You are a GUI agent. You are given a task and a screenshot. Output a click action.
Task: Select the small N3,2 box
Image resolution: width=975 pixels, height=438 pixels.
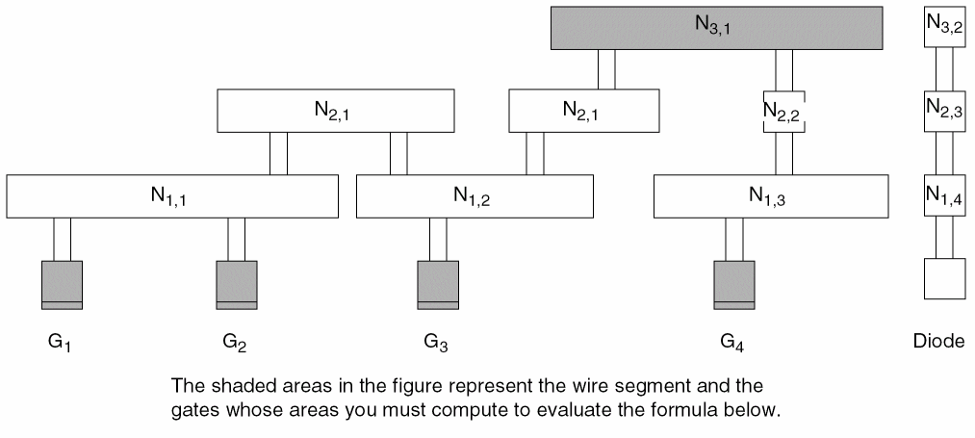(943, 28)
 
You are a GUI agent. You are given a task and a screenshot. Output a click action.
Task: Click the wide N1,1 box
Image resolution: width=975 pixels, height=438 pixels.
(172, 196)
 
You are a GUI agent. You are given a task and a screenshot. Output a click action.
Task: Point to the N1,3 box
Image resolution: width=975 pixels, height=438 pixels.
(771, 196)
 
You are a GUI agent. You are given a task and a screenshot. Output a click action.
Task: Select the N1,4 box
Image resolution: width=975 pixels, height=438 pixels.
(943, 196)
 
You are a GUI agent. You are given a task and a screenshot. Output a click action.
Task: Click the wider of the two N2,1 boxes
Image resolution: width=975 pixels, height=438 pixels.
(335, 111)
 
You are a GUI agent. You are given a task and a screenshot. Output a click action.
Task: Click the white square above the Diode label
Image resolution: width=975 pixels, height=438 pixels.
(943, 280)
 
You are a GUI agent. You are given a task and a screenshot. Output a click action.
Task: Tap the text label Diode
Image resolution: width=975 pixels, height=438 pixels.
(937, 341)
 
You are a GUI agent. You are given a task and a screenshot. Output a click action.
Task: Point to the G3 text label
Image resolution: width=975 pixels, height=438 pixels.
(437, 341)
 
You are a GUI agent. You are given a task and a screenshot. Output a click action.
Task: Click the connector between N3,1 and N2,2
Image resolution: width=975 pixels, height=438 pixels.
(784, 69)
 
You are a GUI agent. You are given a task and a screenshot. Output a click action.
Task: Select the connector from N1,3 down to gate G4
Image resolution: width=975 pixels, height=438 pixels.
(734, 239)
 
